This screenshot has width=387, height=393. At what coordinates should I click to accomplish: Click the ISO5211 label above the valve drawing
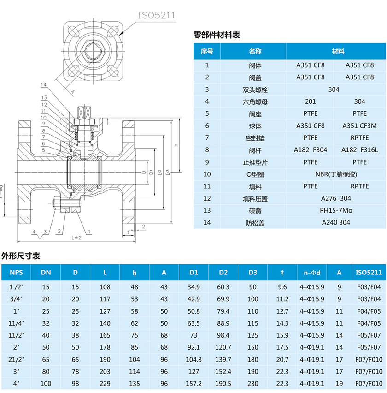point(157,14)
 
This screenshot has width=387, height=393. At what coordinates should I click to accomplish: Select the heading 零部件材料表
point(217,35)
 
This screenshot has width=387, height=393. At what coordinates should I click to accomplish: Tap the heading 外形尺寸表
point(21,255)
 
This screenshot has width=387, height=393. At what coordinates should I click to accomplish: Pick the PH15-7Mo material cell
point(336,210)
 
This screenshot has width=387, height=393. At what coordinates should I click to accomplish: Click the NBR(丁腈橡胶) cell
point(336,174)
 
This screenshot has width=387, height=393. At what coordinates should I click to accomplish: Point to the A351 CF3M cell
point(359,125)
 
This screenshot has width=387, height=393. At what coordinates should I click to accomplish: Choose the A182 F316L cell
point(359,149)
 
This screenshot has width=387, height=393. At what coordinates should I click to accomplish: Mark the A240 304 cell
point(336,222)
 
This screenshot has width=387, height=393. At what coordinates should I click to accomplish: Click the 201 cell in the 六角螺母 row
point(311,101)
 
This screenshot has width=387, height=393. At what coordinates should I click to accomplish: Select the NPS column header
point(17,272)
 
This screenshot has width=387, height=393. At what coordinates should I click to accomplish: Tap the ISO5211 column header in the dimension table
point(369,272)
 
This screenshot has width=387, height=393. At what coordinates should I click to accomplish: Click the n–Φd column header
point(311,272)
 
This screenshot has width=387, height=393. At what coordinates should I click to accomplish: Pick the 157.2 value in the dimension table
point(193,383)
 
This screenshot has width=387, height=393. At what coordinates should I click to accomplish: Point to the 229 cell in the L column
point(105,383)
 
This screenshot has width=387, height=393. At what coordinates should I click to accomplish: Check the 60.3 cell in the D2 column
point(223,287)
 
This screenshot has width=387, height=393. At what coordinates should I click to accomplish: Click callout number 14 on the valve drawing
point(43,85)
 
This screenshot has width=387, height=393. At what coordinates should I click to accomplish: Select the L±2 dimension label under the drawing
point(76,238)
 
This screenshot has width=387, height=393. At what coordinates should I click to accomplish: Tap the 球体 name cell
point(255,125)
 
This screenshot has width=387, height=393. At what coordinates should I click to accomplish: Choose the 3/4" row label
point(17,299)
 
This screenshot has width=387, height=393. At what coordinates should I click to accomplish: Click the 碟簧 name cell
point(255,210)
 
